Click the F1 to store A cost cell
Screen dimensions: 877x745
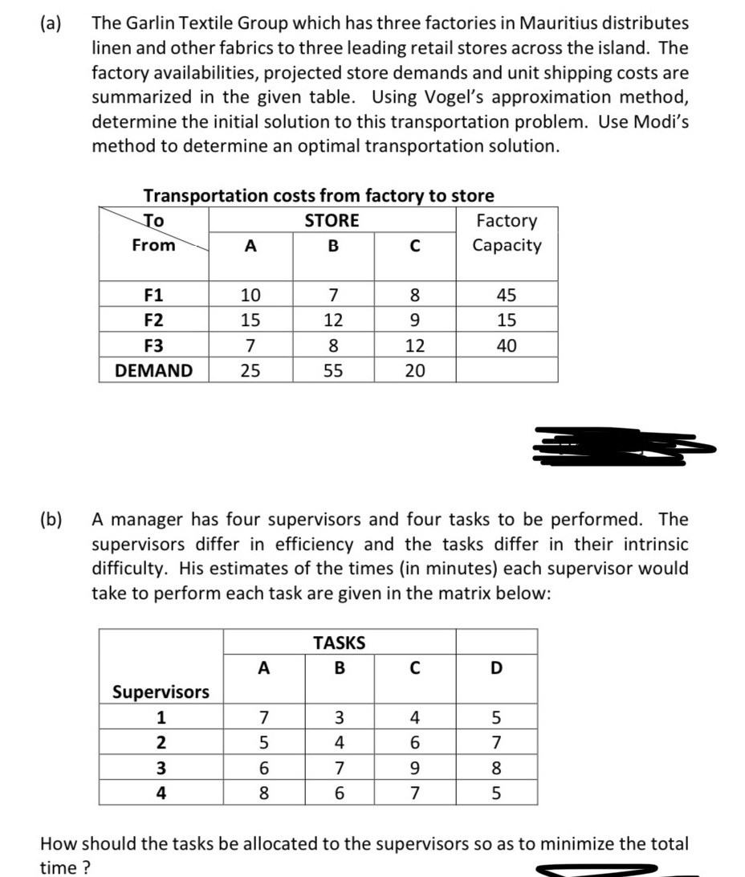coord(250,295)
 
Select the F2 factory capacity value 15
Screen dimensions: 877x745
coord(507,320)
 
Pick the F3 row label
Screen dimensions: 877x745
coord(153,345)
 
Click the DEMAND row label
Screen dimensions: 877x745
coord(154,370)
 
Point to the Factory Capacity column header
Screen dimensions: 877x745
coord(507,233)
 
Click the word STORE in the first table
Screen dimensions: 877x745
coord(332,220)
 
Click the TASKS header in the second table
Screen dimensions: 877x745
coord(339,642)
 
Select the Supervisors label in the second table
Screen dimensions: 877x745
coord(161,691)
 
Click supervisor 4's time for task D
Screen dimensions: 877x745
coord(495,792)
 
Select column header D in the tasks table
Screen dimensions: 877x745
coord(495,667)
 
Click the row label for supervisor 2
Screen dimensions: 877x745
coord(161,742)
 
